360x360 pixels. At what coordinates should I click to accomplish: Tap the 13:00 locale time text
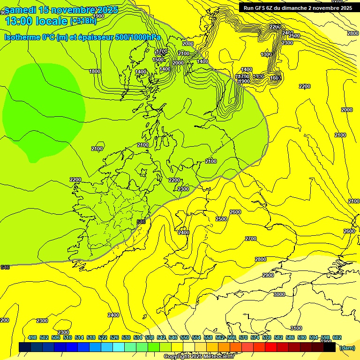[35, 21]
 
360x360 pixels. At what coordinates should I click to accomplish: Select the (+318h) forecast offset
[83, 21]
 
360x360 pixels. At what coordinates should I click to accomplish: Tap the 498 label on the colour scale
[32, 337]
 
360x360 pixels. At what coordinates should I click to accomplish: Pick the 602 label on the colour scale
[337, 337]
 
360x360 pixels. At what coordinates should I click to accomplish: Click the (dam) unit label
[347, 347]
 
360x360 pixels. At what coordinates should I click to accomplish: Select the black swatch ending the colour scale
[330, 347]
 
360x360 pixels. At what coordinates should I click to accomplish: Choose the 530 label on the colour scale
[126, 337]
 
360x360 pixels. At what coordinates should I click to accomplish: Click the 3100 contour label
[296, 328]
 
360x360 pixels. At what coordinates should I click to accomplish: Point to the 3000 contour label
[279, 294]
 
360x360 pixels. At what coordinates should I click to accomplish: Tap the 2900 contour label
[268, 275]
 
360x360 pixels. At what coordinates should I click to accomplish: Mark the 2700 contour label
[251, 239]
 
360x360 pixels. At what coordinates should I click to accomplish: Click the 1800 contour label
[95, 71]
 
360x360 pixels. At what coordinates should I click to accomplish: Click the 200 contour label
[4, 320]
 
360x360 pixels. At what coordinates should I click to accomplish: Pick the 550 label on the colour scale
[185, 337]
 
